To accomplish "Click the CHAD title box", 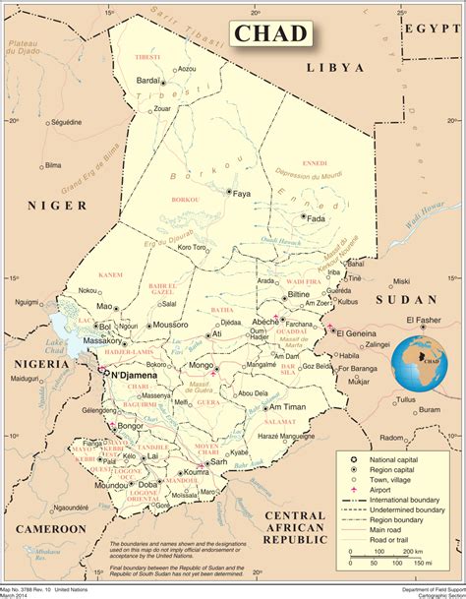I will pyautogui.click(x=271, y=34).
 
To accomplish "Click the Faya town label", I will pyautogui.click(x=243, y=195).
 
